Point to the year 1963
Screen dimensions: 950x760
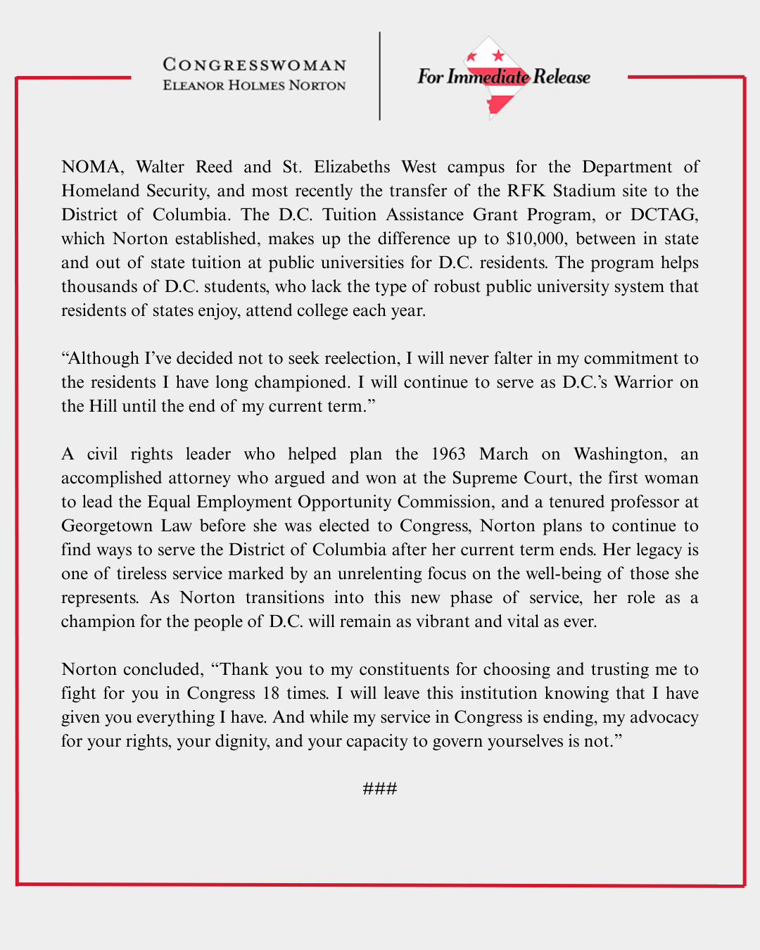pos(450,454)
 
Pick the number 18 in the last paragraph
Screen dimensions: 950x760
pos(271,693)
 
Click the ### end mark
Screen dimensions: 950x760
pos(380,788)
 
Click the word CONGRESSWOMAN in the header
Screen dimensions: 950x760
pos(255,65)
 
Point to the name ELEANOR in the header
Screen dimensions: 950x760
pos(194,85)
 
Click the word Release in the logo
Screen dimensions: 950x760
pos(562,77)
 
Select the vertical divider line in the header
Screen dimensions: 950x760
pos(380,76)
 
